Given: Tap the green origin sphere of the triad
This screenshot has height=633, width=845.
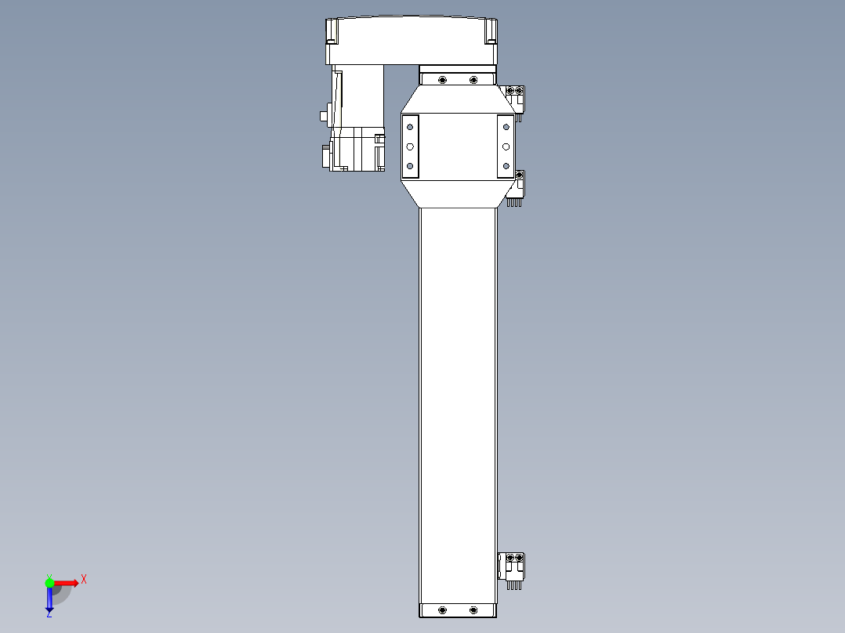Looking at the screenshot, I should click(49, 582).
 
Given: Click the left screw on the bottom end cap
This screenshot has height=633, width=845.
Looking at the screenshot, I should click(443, 609).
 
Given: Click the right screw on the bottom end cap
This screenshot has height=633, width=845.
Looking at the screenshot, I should click(473, 609).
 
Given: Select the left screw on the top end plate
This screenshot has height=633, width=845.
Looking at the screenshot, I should click(443, 80).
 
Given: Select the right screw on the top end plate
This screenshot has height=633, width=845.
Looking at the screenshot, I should click(473, 80).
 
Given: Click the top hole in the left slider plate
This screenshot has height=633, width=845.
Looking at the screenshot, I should click(409, 127).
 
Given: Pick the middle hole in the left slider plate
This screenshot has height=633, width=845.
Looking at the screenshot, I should click(409, 146).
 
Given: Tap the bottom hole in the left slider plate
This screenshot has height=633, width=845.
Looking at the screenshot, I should click(409, 166).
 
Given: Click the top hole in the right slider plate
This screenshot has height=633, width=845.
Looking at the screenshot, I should click(506, 127).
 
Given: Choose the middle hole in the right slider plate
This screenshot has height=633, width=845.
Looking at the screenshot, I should click(506, 146).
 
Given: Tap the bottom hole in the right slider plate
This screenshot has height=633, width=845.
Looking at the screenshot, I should click(506, 166).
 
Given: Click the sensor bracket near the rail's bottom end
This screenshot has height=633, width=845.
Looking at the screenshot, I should click(512, 565).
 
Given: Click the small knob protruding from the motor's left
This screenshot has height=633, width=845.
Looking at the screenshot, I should click(324, 116).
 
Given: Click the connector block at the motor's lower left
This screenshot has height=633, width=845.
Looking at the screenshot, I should click(325, 156).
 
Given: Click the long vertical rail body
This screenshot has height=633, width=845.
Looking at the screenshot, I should click(458, 392).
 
